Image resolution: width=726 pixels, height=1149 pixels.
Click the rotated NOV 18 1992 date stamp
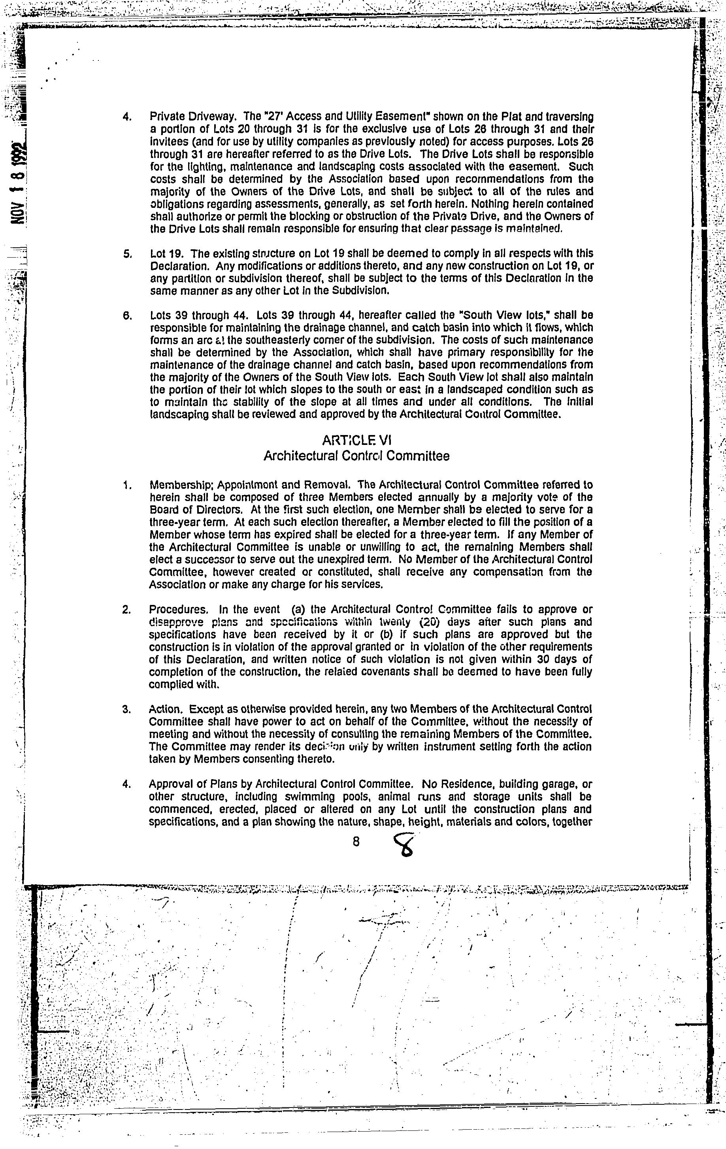click(x=19, y=184)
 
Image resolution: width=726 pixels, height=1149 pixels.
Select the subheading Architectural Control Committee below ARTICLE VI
click(x=356, y=456)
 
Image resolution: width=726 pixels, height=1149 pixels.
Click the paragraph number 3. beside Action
click(x=126, y=710)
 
